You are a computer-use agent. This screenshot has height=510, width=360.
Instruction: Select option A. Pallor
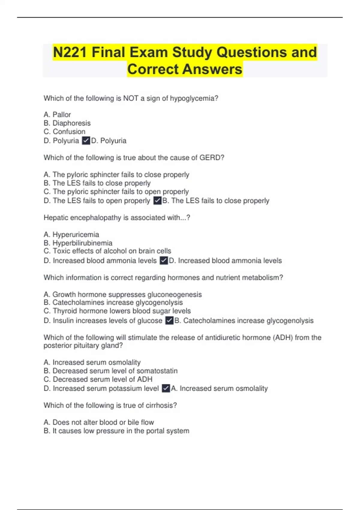pyautogui.click(x=57, y=115)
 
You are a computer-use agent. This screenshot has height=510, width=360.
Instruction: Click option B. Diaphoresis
pyautogui.click(x=67, y=123)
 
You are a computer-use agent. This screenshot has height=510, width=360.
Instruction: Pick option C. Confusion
pyautogui.click(x=64, y=131)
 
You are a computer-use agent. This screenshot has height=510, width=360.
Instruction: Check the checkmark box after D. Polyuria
pyautogui.click(x=86, y=140)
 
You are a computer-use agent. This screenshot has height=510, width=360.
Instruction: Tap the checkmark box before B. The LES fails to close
pyautogui.click(x=157, y=200)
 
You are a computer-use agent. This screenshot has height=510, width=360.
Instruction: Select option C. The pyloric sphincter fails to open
pyautogui.click(x=116, y=191)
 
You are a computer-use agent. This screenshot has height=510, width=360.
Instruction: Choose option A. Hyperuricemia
pyautogui.click(x=71, y=234)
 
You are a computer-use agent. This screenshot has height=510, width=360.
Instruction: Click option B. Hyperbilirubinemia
pyautogui.click(x=78, y=243)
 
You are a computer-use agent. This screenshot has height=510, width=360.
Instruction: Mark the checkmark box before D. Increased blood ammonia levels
pyautogui.click(x=164, y=260)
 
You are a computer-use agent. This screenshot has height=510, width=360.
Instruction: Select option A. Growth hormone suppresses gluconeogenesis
pyautogui.click(x=122, y=294)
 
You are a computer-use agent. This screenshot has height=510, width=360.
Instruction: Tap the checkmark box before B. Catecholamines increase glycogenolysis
pyautogui.click(x=169, y=320)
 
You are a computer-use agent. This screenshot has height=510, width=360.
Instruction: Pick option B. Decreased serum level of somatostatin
pyautogui.click(x=110, y=371)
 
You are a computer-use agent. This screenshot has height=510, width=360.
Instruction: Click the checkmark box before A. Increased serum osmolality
pyautogui.click(x=166, y=388)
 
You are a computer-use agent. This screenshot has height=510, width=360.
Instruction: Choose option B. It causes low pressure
pyautogui.click(x=116, y=431)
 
